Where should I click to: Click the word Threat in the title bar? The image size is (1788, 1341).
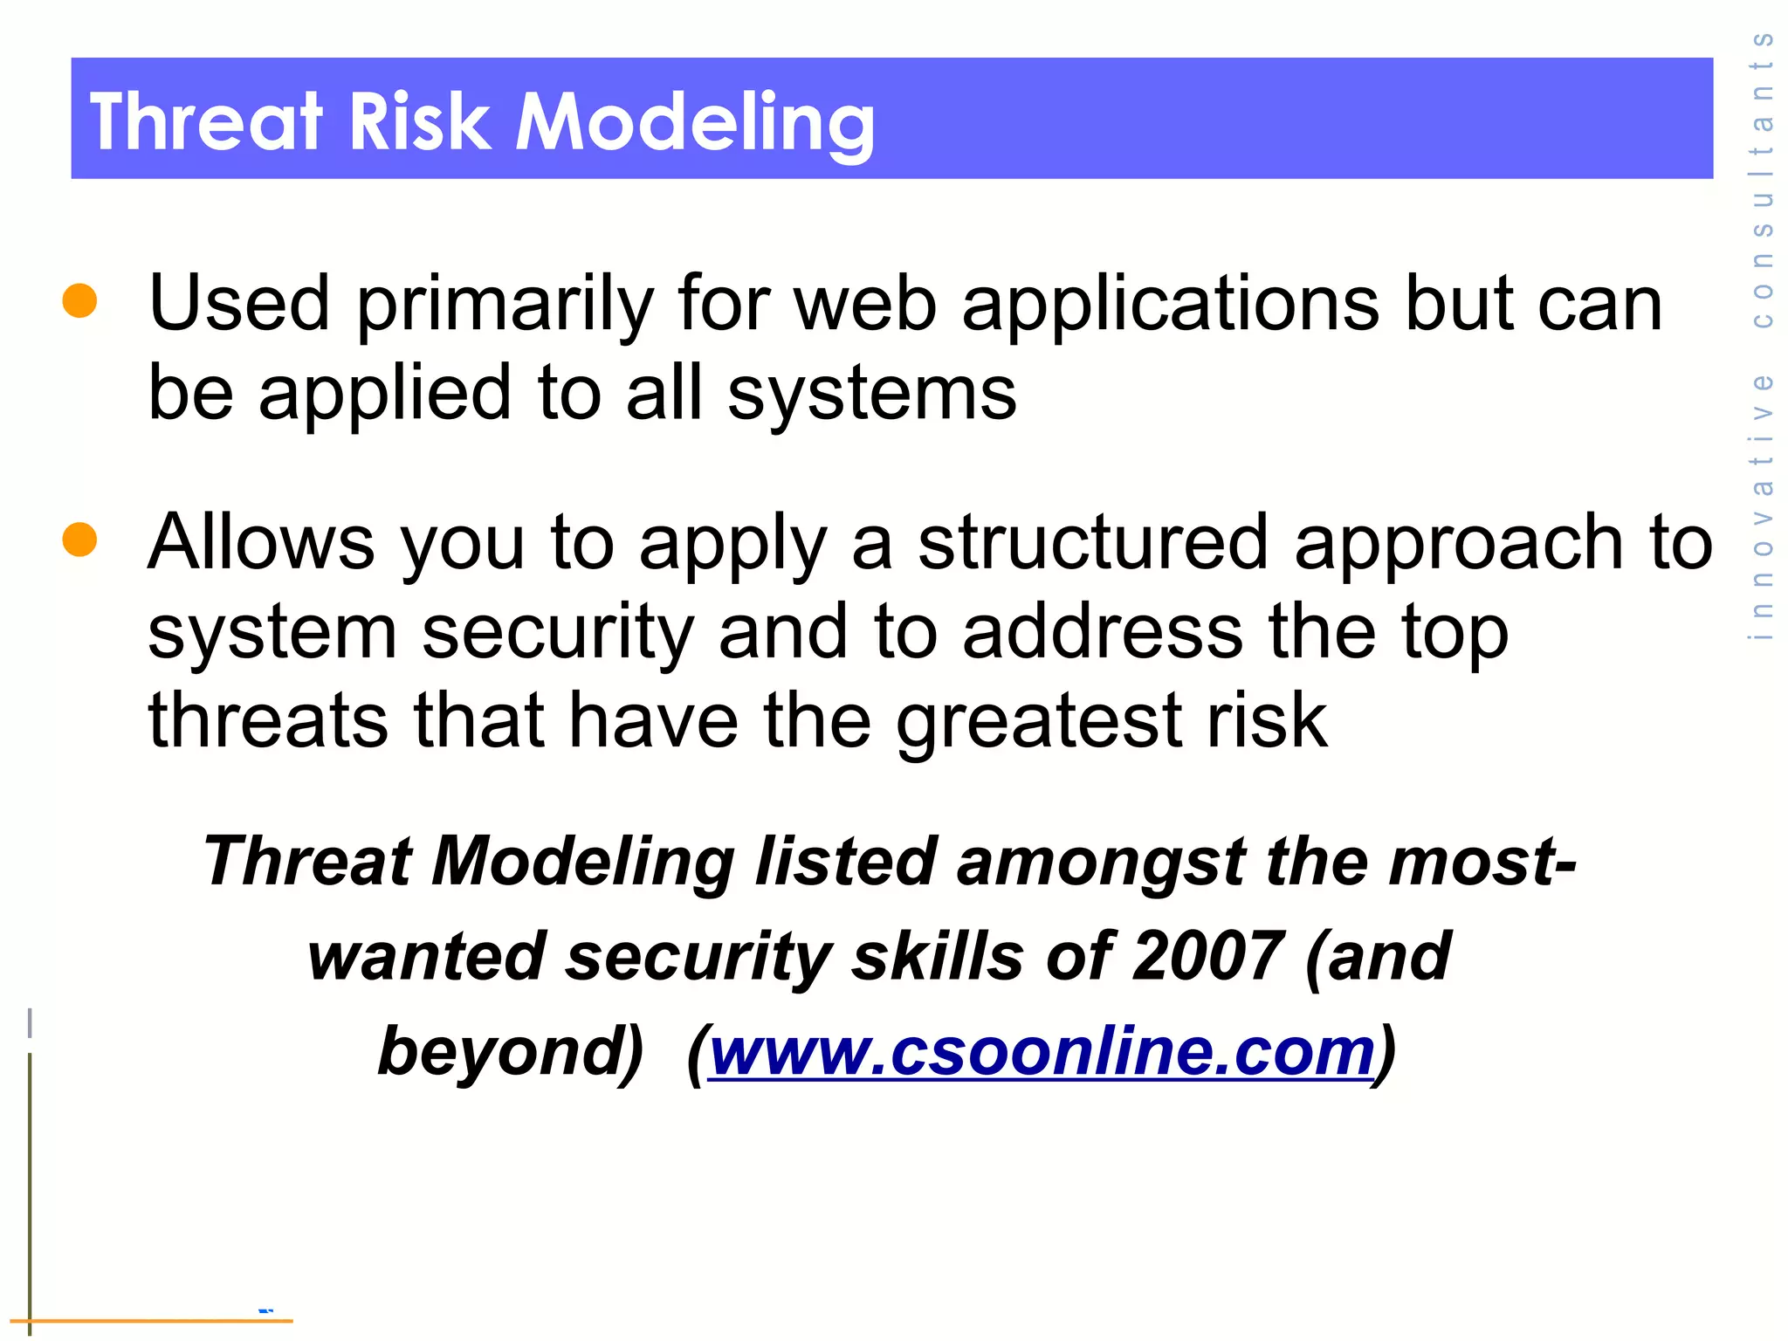tap(206, 121)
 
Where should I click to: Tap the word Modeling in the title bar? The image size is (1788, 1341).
tap(694, 121)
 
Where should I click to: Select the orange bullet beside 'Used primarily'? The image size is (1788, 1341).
tap(79, 300)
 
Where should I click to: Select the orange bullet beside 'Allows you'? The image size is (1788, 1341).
tap(79, 539)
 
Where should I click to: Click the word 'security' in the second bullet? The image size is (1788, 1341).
tap(558, 633)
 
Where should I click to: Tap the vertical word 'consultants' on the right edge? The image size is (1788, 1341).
tap(1763, 179)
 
